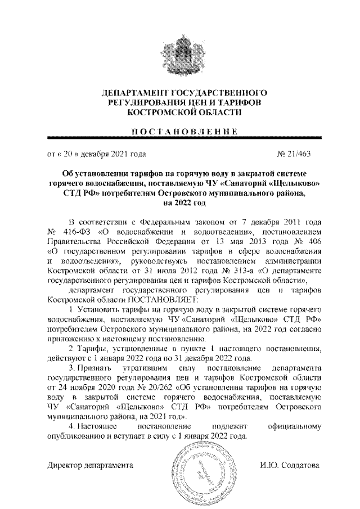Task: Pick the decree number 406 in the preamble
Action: point(314,242)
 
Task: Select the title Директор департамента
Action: point(89,466)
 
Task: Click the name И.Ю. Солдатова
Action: point(289,466)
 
